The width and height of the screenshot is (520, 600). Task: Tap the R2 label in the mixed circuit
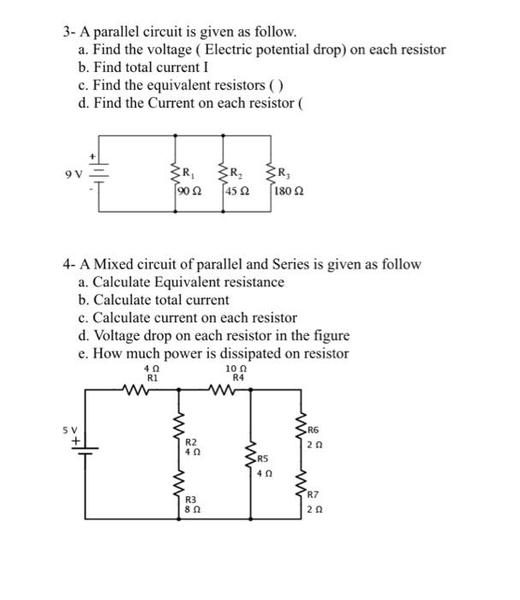pyautogui.click(x=192, y=441)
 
